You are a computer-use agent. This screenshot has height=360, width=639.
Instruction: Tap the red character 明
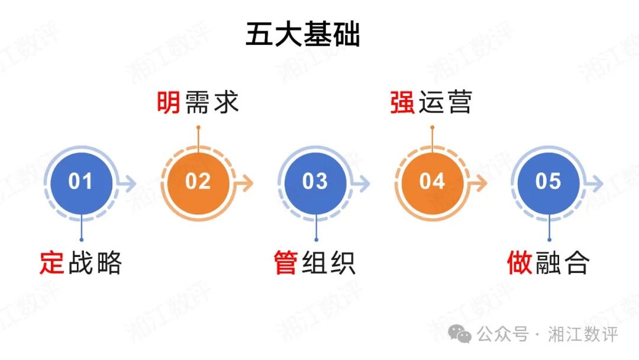(x=169, y=102)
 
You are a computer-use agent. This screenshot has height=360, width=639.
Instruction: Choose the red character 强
(x=402, y=102)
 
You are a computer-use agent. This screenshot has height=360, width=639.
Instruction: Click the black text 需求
(x=211, y=102)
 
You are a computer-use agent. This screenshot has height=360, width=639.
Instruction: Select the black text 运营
(x=445, y=102)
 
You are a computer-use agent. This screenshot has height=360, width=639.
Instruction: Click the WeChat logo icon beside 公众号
(x=460, y=335)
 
